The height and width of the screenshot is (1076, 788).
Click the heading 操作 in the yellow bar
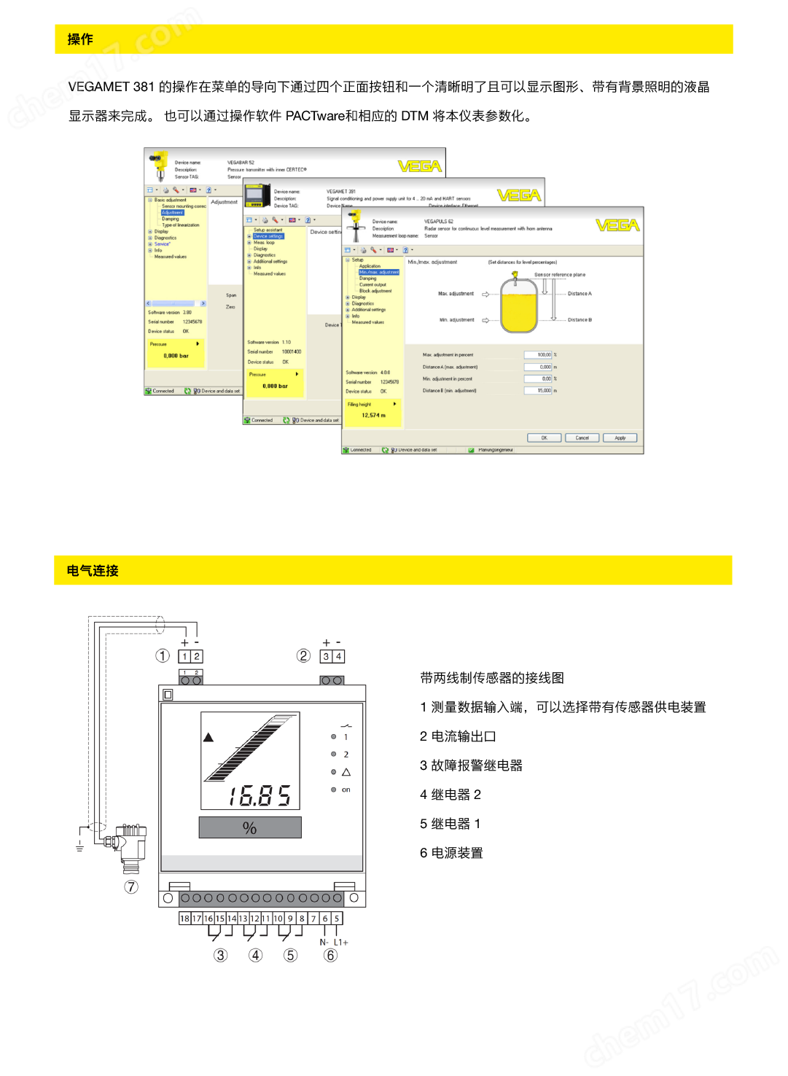coord(80,39)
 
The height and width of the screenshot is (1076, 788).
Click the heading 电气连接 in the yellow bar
coord(93,571)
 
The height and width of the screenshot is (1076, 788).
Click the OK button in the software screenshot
coord(544,438)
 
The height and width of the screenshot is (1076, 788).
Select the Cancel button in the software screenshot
coord(582,438)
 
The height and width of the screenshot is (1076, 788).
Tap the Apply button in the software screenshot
coord(620,438)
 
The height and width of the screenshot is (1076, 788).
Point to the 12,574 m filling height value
coord(373,416)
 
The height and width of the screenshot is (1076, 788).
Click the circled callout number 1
coord(163,656)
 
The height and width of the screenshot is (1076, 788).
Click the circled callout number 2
coord(304,656)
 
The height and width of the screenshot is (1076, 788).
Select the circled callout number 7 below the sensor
coord(131,887)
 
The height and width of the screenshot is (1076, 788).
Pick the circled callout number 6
coord(331,956)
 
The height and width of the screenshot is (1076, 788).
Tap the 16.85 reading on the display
coord(260,795)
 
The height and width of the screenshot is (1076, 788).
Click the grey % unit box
coord(250,828)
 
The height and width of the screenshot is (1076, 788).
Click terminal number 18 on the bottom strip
coord(184,919)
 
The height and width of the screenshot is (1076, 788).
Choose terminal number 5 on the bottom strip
coord(337,919)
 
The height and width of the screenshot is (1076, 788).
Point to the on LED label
coord(346,790)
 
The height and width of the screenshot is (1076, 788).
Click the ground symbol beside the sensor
coord(79,846)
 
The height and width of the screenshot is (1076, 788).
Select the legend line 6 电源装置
coord(451,853)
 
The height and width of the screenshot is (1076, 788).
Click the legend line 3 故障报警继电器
coord(471,765)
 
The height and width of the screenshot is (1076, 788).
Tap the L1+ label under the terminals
coord(341,943)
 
